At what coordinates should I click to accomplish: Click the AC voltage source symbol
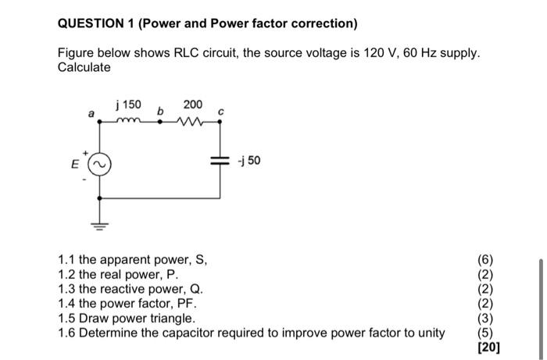coord(99,166)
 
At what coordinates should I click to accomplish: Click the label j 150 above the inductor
coord(128,105)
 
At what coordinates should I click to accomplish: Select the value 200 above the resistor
coord(192,105)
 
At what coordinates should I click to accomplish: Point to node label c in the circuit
coord(220,112)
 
